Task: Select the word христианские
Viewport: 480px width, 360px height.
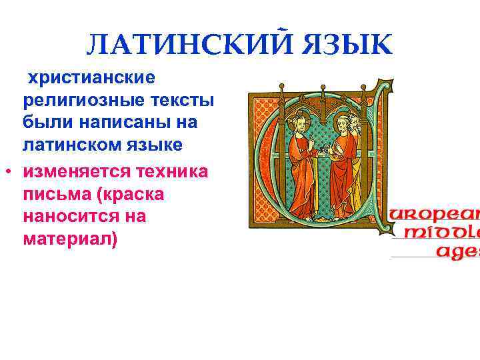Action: (90, 78)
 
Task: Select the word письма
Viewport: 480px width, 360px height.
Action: (53, 194)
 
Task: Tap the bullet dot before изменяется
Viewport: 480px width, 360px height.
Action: (7, 172)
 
